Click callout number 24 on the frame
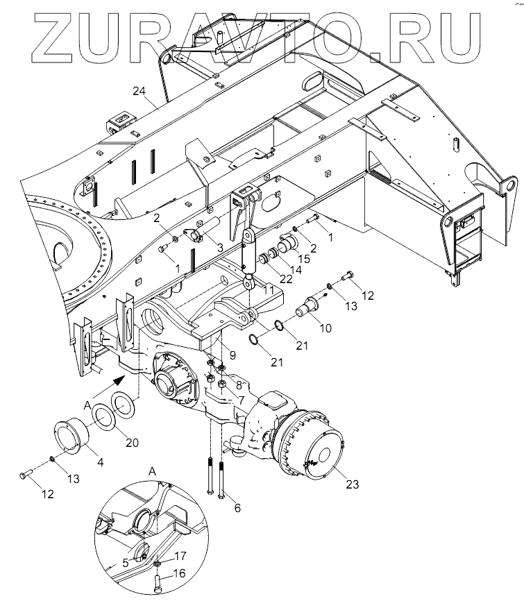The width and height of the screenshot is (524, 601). tap(139, 91)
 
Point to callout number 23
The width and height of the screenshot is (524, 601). tap(352, 484)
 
